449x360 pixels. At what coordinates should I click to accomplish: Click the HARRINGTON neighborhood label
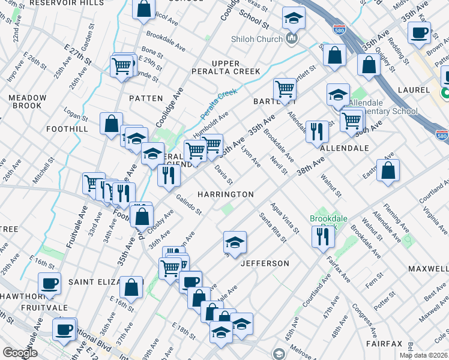tap(226, 194)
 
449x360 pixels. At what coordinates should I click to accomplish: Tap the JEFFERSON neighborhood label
tap(265, 263)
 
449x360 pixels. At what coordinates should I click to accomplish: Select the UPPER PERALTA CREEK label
tap(235, 67)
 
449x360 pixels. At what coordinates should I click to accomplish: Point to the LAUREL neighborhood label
tap(414, 90)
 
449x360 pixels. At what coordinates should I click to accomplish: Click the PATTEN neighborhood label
tap(146, 98)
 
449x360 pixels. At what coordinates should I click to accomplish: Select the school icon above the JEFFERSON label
tap(235, 242)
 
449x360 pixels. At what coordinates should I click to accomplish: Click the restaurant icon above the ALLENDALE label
tap(317, 131)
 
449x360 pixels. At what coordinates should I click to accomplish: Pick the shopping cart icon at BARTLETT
tap(285, 89)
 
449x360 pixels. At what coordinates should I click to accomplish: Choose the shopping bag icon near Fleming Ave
tap(388, 170)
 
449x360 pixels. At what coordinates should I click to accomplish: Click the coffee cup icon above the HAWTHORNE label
tap(49, 283)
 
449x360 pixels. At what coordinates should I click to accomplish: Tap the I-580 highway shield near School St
tap(337, 28)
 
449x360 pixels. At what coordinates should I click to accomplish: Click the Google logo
tap(20, 353)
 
